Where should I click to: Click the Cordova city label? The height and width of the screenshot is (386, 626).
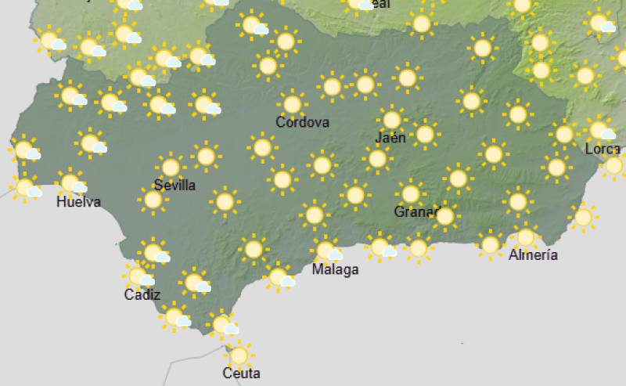click(302, 122)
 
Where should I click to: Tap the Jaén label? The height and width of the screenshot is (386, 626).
click(390, 138)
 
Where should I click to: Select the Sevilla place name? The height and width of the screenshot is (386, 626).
click(174, 186)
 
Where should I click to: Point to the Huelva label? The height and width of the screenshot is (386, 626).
click(79, 202)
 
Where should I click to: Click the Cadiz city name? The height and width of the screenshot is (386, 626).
click(142, 295)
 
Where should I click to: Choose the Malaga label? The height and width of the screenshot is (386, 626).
click(335, 270)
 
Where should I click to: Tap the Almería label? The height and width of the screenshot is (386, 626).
click(533, 255)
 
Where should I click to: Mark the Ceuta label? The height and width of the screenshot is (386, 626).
click(241, 373)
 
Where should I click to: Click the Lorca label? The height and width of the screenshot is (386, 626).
click(602, 149)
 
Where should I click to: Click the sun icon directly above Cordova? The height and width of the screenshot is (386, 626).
click(292, 103)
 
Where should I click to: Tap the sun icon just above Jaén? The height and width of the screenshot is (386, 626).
click(391, 120)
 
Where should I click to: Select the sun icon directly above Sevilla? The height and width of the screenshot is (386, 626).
click(170, 167)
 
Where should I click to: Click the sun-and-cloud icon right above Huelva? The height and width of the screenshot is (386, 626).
click(73, 184)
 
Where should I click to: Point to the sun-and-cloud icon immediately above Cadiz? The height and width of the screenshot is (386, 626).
click(140, 276)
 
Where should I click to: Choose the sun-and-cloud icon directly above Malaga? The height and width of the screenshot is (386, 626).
click(326, 251)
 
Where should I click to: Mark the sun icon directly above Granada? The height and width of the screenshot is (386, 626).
click(410, 193)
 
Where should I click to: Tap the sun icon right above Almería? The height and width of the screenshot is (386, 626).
click(525, 236)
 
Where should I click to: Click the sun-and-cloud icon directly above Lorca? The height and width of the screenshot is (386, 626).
click(600, 129)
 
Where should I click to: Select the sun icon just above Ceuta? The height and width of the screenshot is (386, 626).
click(239, 355)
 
